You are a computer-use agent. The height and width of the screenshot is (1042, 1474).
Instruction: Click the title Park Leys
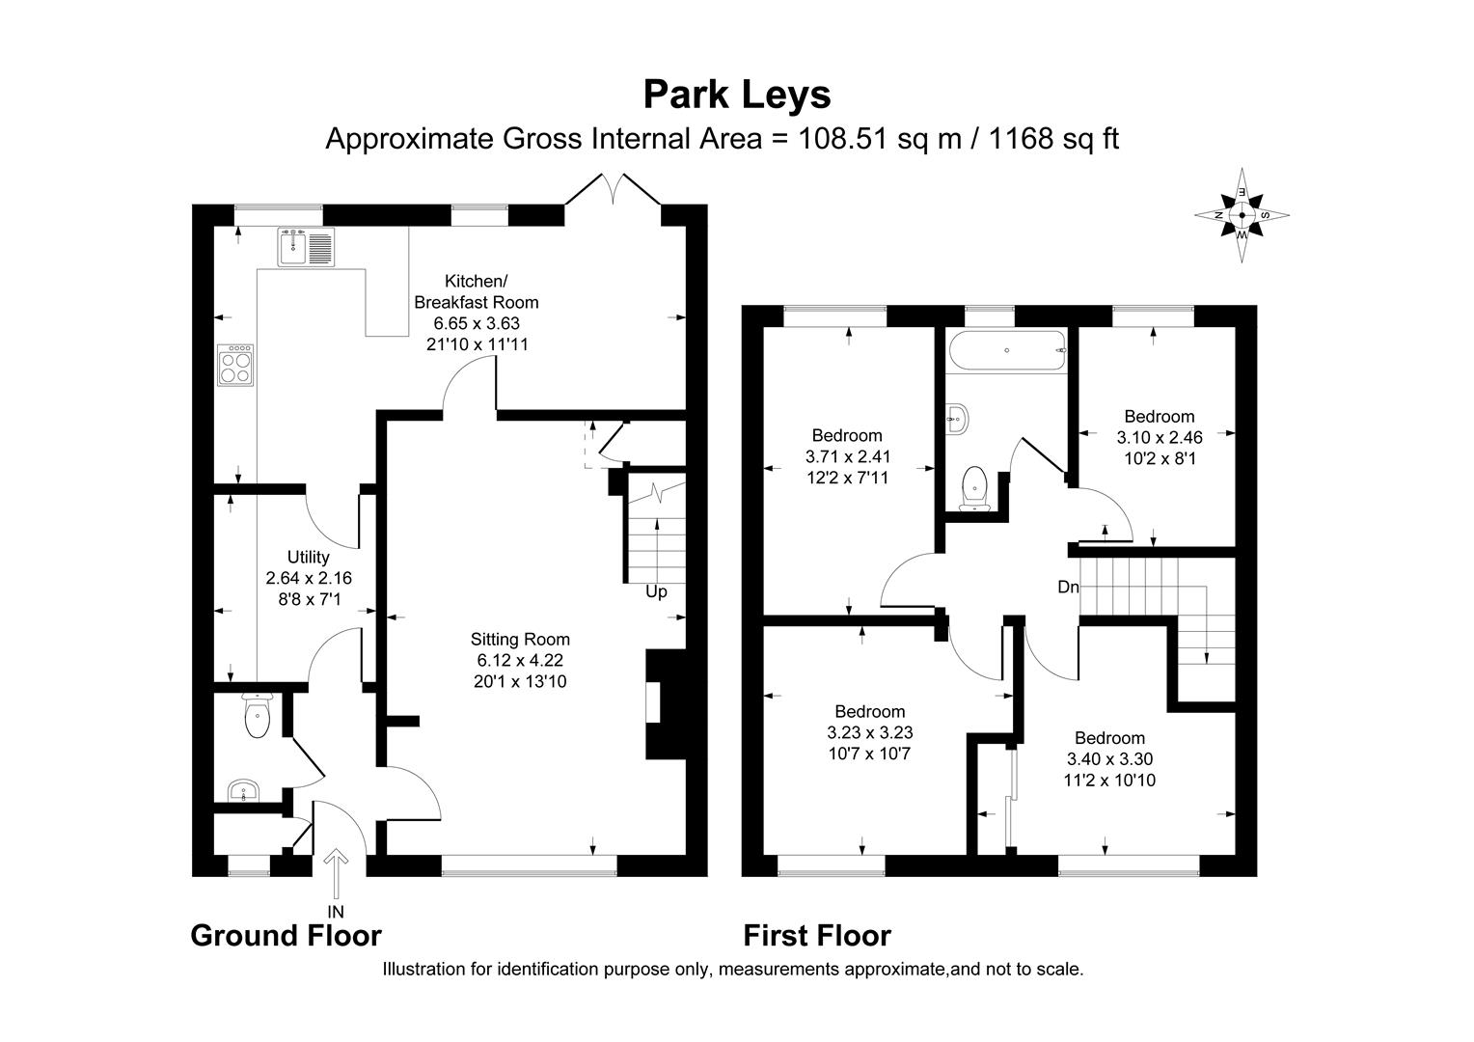point(737,95)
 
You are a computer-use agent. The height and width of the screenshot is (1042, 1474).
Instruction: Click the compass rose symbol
point(1242,215)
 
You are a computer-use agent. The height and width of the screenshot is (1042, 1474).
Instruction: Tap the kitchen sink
point(306,246)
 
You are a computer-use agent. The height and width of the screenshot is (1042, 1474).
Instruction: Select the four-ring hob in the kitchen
point(237,366)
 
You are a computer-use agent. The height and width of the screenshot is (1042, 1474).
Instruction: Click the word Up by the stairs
point(656,591)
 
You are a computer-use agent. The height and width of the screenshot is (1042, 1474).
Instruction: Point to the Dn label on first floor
point(1068,587)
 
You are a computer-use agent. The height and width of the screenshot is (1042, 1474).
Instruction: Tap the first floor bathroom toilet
point(976,486)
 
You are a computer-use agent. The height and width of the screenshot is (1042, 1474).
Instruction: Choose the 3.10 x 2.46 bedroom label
point(1160,437)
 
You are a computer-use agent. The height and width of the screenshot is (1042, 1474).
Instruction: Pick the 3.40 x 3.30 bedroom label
point(1110,758)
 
